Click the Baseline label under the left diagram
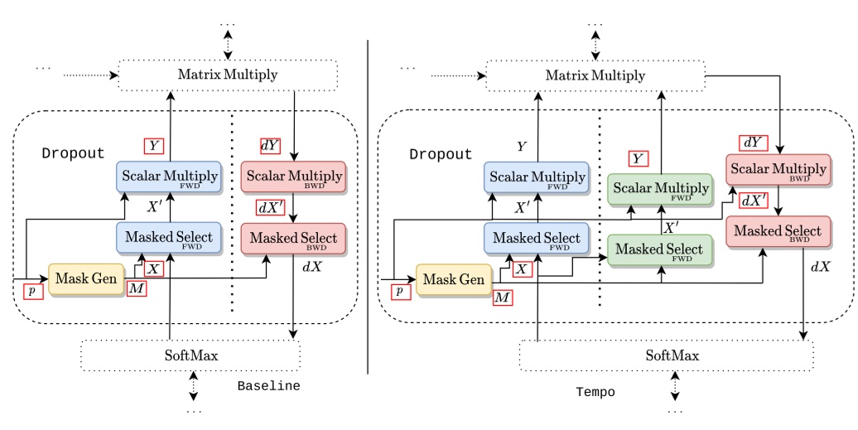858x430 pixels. [268, 386]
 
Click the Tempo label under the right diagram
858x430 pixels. [595, 393]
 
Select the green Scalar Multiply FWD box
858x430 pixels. [660, 191]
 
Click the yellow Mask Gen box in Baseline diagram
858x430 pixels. [86, 279]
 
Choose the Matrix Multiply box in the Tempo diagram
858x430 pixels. [595, 76]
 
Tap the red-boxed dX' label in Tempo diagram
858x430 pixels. [754, 201]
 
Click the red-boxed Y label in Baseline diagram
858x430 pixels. [153, 146]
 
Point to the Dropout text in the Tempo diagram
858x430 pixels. [441, 155]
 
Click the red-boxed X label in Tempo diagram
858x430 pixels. [521, 268]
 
